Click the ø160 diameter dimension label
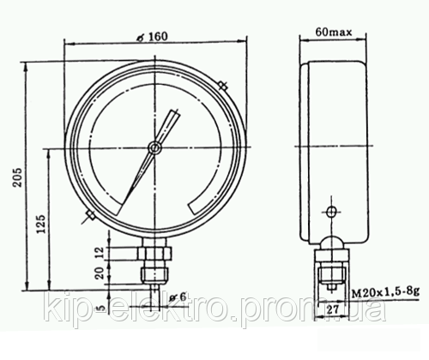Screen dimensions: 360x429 coord(152,37)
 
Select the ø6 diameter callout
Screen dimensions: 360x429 coord(178,297)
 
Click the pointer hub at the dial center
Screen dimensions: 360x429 coord(153,147)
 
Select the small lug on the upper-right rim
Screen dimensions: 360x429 coord(222,86)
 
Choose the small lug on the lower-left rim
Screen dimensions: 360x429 coord(89,216)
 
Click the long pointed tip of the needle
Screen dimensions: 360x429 coord(121,210)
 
